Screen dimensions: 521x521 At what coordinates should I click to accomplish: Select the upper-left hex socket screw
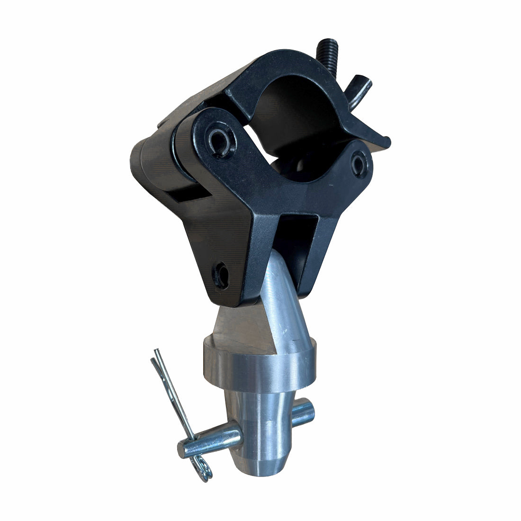pyautogui.click(x=220, y=140)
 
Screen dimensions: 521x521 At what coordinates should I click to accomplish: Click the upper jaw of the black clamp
pyautogui.click(x=284, y=71)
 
